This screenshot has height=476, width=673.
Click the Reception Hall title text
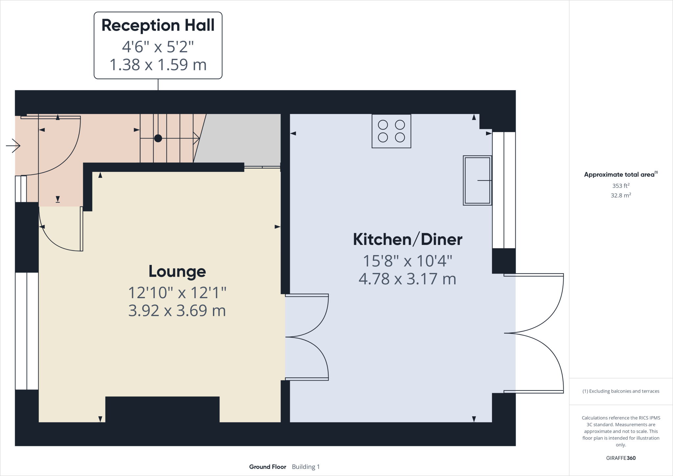click(158, 25)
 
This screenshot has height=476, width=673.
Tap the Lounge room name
click(177, 272)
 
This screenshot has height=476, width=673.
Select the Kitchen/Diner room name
click(407, 239)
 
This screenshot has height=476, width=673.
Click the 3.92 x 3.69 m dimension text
click(177, 311)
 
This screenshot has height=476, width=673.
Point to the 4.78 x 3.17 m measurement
click(407, 279)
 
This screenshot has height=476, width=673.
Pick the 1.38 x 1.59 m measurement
click(158, 64)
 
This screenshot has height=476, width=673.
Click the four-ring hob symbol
click(391, 131)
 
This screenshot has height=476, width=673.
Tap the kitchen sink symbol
click(477, 180)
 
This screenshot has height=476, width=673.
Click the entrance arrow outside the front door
click(13, 146)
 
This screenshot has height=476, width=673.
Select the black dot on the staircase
click(158, 138)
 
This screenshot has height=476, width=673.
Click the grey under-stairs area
click(240, 138)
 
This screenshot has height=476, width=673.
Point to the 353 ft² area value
click(620, 186)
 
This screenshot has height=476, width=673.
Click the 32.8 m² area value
click(620, 195)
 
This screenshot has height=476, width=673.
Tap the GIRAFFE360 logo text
click(620, 458)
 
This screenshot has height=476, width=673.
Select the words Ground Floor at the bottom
click(267, 467)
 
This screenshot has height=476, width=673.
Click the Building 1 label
click(306, 467)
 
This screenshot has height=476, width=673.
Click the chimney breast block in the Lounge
click(162, 409)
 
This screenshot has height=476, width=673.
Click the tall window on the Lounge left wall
click(27, 331)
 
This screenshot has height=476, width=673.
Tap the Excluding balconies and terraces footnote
click(620, 391)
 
